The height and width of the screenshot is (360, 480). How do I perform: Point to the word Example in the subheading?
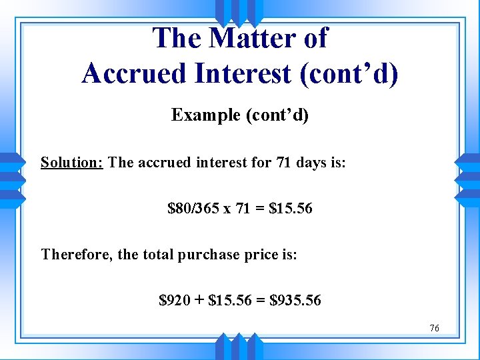tap(206, 115)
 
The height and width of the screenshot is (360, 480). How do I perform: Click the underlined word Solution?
tap(71, 163)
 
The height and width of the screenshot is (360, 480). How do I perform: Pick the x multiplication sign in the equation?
tap(227, 209)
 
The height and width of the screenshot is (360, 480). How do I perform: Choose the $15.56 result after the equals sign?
tap(290, 209)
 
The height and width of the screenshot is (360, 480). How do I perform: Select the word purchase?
tap(207, 255)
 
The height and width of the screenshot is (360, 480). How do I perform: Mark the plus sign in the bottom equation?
tap(199, 301)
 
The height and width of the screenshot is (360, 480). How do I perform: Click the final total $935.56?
tap(295, 301)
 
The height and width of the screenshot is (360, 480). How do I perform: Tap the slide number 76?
tap(434, 328)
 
